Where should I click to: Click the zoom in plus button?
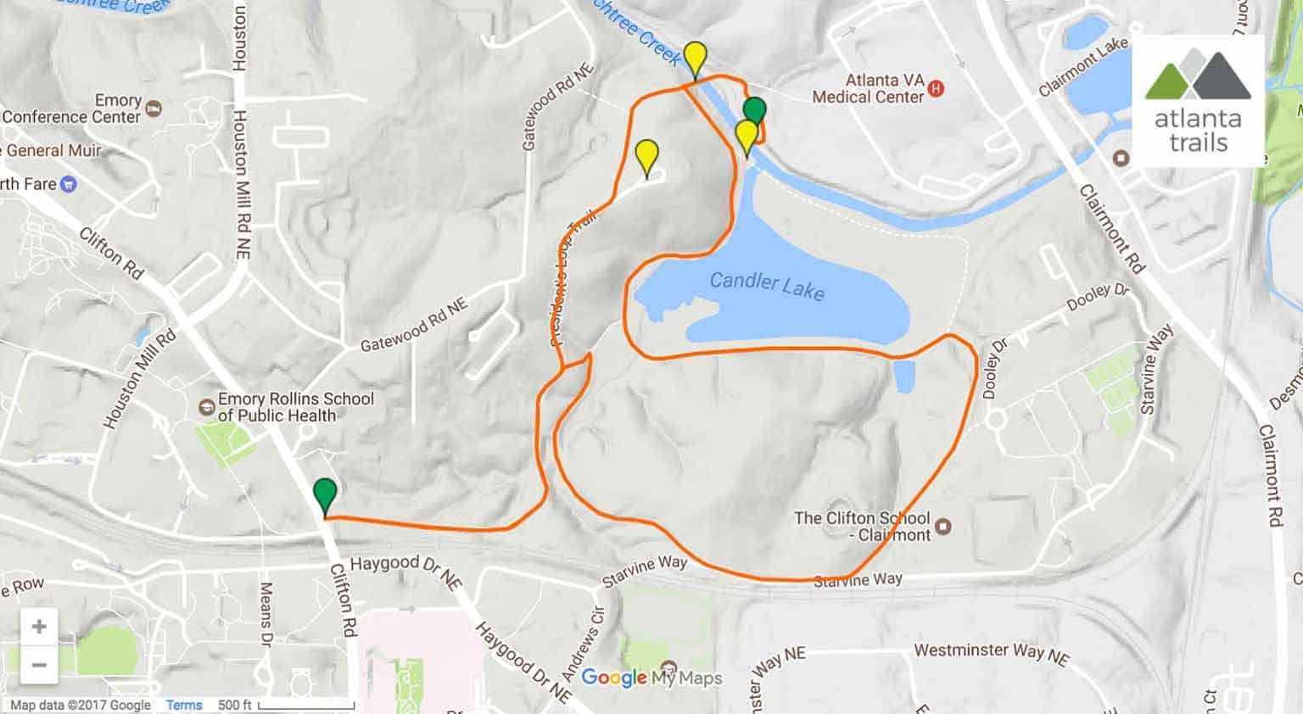39,627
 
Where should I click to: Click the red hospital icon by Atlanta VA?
937,88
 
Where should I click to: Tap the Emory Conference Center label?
71,109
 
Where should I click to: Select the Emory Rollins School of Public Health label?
295,407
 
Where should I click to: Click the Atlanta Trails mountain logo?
1198,75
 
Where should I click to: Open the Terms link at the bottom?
184,705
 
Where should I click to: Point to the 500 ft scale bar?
306,706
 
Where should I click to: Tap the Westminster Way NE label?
991,653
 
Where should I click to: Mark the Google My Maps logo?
651,678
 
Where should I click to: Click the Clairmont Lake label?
1083,66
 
